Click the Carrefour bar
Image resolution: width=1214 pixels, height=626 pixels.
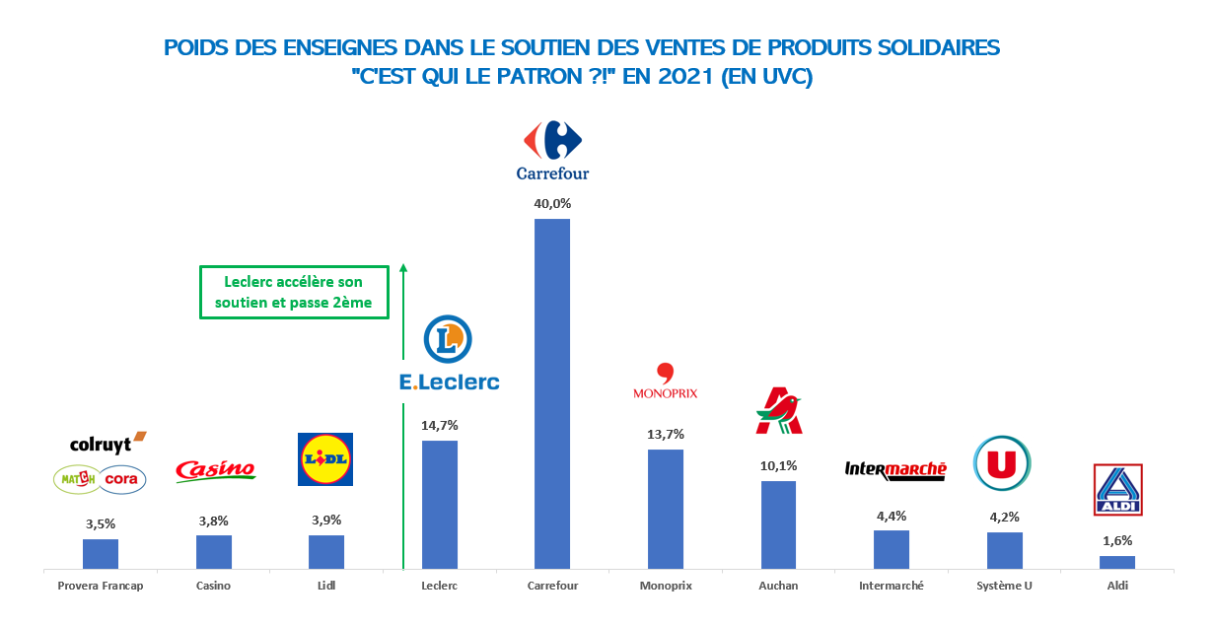click(551, 393)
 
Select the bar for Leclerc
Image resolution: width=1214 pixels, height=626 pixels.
click(439, 504)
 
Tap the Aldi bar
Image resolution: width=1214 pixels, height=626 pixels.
click(1116, 562)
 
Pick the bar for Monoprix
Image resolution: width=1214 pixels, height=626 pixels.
click(665, 509)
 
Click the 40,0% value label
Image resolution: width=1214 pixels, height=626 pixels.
click(552, 203)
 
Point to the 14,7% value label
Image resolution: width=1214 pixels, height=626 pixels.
click(439, 425)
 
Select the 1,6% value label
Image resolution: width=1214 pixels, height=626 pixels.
click(1116, 540)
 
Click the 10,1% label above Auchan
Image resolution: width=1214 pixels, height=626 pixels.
click(778, 465)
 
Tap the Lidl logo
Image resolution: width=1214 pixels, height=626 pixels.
click(325, 459)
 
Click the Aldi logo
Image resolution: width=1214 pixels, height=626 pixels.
click(1117, 490)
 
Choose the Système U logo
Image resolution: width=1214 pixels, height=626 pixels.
click(1002, 463)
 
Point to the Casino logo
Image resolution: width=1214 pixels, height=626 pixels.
click(214, 471)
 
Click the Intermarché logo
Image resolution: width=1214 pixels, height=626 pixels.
click(895, 470)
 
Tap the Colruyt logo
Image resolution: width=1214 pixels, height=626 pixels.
click(107, 444)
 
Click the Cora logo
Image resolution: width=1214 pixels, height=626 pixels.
click(123, 479)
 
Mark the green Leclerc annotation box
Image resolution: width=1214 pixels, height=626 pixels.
click(294, 292)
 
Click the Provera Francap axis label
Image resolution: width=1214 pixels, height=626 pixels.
click(101, 586)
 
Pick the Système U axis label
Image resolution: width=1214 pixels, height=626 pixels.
click(1004, 586)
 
